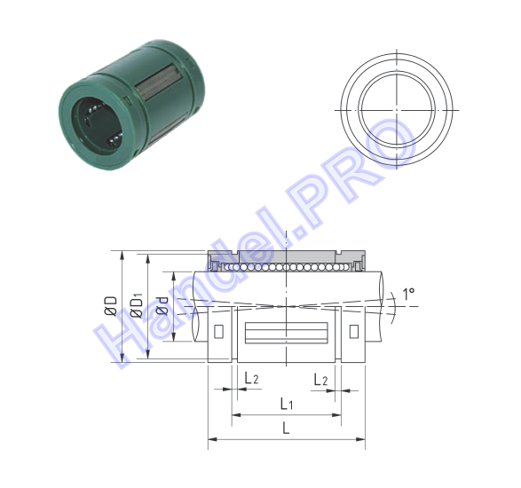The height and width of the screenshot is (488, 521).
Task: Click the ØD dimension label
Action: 111,306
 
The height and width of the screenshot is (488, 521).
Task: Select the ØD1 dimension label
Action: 137,305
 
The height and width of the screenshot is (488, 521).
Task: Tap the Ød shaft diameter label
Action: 162,306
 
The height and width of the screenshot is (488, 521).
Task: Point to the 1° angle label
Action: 408,294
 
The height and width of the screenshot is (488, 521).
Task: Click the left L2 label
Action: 251,378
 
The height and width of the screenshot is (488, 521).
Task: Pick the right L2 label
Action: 320,380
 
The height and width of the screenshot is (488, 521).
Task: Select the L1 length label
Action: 287,404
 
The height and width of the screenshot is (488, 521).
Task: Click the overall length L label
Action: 286,429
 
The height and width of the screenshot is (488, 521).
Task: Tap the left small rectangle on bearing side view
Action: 218,331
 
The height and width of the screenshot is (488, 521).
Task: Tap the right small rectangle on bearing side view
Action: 354,331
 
